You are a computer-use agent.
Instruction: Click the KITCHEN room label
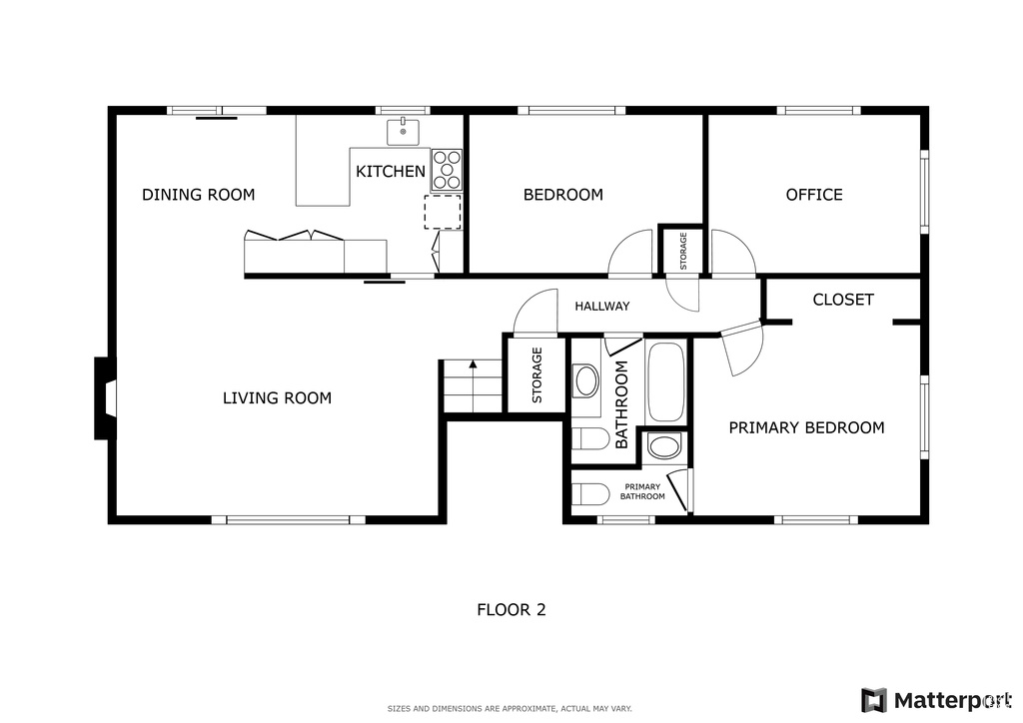[x=391, y=172]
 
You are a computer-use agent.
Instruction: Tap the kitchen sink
[x=404, y=132]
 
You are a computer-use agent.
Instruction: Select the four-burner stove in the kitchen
[x=447, y=170]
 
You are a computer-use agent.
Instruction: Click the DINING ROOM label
[x=199, y=195]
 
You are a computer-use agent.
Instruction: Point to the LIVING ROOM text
[x=278, y=397]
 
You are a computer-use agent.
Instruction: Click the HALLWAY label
[x=602, y=306]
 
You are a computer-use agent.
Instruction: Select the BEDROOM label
[x=563, y=195]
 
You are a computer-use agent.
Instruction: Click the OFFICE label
[x=814, y=195]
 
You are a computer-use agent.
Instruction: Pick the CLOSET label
[x=843, y=300]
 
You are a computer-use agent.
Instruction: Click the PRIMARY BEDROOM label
[x=806, y=427]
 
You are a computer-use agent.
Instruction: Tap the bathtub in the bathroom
[x=666, y=382]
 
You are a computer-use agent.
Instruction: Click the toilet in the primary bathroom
[x=589, y=493]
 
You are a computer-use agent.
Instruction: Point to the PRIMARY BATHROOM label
[x=642, y=491]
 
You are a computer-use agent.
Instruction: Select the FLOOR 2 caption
[x=511, y=609]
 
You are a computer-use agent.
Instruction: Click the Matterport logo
[x=937, y=700]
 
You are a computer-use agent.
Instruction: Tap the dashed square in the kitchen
[x=443, y=212]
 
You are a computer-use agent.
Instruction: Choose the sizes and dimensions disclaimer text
[x=510, y=709]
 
